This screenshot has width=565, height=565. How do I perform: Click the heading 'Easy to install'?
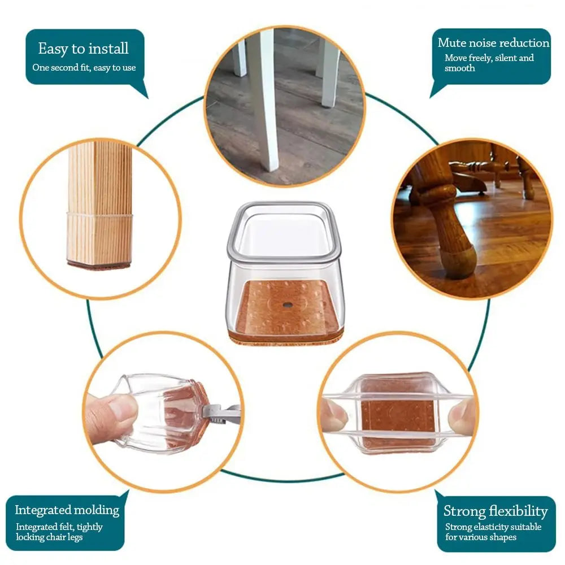(83, 49)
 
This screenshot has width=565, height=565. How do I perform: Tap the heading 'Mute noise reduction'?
(493, 43)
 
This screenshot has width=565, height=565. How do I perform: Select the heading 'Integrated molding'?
(67, 510)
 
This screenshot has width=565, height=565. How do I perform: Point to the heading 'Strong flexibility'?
(496, 511)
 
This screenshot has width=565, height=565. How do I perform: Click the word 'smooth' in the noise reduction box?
(459, 68)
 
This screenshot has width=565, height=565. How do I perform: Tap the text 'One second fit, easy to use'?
(84, 67)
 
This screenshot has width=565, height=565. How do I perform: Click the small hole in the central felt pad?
(287, 305)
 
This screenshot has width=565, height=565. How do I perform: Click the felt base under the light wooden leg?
(99, 265)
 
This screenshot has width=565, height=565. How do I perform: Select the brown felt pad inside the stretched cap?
(398, 414)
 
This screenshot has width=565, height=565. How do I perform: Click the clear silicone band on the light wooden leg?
(99, 215)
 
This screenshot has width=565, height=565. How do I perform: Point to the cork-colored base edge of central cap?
(286, 338)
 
